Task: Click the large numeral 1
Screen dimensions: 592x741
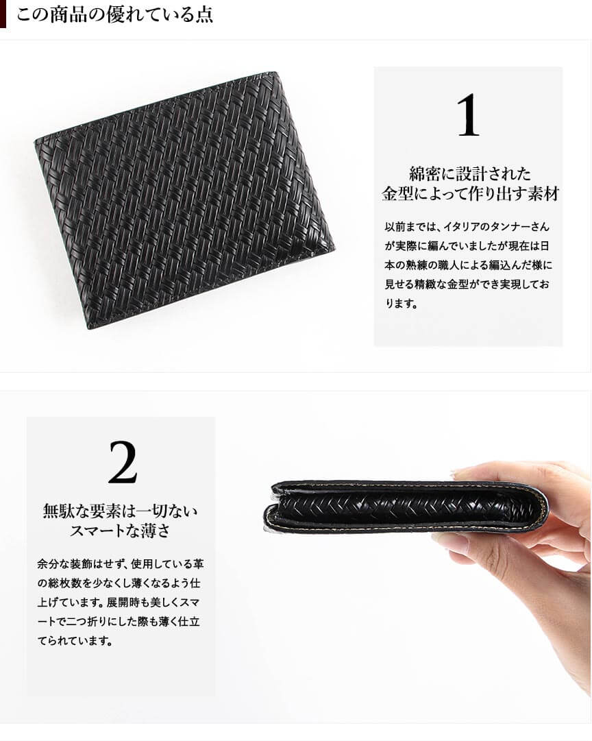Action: (x=468, y=115)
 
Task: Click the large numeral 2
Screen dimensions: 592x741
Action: (x=123, y=462)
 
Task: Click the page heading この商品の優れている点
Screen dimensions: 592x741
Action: (x=114, y=14)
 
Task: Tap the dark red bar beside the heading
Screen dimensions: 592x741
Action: (x=3, y=14)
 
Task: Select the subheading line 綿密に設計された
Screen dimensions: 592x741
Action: (x=470, y=174)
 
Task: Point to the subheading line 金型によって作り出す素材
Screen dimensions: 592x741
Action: (x=470, y=194)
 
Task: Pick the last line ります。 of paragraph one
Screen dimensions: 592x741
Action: (x=402, y=304)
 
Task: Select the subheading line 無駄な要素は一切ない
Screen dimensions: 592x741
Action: (x=121, y=511)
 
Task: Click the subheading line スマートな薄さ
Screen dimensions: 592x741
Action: (x=120, y=531)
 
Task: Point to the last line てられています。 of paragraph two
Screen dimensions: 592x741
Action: (x=75, y=642)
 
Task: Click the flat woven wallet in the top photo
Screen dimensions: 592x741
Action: (x=184, y=200)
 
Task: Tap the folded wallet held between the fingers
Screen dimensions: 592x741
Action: (x=406, y=507)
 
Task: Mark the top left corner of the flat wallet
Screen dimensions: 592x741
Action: (x=35, y=141)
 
